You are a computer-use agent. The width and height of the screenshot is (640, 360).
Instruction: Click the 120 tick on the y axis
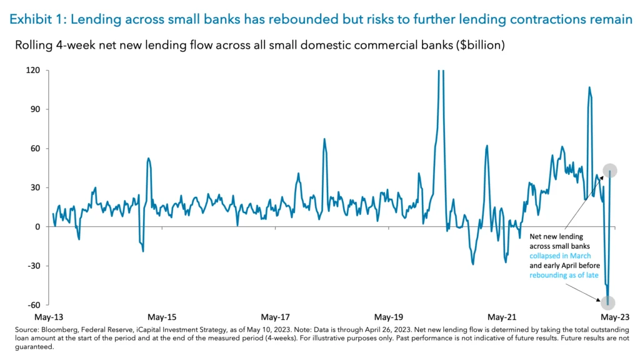[33, 71]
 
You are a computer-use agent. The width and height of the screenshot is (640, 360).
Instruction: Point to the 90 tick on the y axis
[35, 109]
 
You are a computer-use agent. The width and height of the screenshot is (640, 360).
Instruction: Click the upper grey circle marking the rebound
[610, 170]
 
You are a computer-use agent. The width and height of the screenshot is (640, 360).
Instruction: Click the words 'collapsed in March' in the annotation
[560, 256]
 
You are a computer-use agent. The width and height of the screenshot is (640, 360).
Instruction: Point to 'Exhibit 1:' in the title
[37, 19]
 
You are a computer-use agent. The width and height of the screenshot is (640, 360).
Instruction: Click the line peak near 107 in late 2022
[589, 87]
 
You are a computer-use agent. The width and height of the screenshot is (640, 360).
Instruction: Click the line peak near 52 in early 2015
[148, 158]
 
